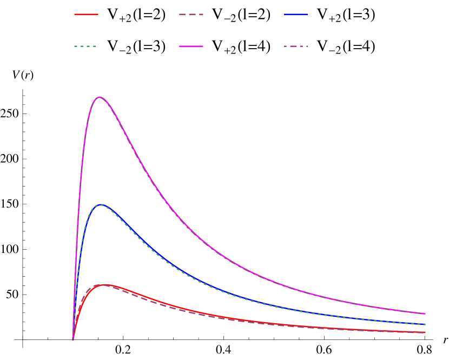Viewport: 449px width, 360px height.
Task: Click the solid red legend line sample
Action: point(86,15)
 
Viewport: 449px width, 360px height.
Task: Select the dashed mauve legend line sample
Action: point(191,15)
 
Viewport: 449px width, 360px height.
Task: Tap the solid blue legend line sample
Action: point(296,15)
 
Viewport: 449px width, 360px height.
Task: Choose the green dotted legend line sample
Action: point(85,46)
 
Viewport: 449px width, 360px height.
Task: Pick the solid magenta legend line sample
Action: point(191,46)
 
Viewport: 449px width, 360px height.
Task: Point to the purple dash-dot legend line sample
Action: point(296,46)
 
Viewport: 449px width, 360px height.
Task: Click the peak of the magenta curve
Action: point(100,97)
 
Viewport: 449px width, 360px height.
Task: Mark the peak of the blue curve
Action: point(100,205)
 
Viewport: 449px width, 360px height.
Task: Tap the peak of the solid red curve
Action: point(103,284)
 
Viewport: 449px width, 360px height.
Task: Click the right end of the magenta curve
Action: point(425,314)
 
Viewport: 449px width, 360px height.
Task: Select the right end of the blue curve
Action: point(425,325)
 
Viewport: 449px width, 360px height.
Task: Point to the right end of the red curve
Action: point(425,332)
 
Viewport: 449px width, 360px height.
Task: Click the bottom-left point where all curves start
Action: point(73,339)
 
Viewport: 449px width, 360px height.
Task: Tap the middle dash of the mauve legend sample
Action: point(191,15)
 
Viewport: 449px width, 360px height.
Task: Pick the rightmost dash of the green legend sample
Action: point(94,46)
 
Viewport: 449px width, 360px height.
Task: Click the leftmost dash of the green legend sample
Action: point(76,46)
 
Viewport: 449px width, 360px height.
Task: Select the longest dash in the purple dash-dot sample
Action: point(289,46)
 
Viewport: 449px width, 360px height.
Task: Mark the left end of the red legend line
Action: point(75,15)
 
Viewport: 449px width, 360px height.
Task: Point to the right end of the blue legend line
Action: point(308,15)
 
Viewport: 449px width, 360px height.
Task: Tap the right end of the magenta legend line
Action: point(203,46)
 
